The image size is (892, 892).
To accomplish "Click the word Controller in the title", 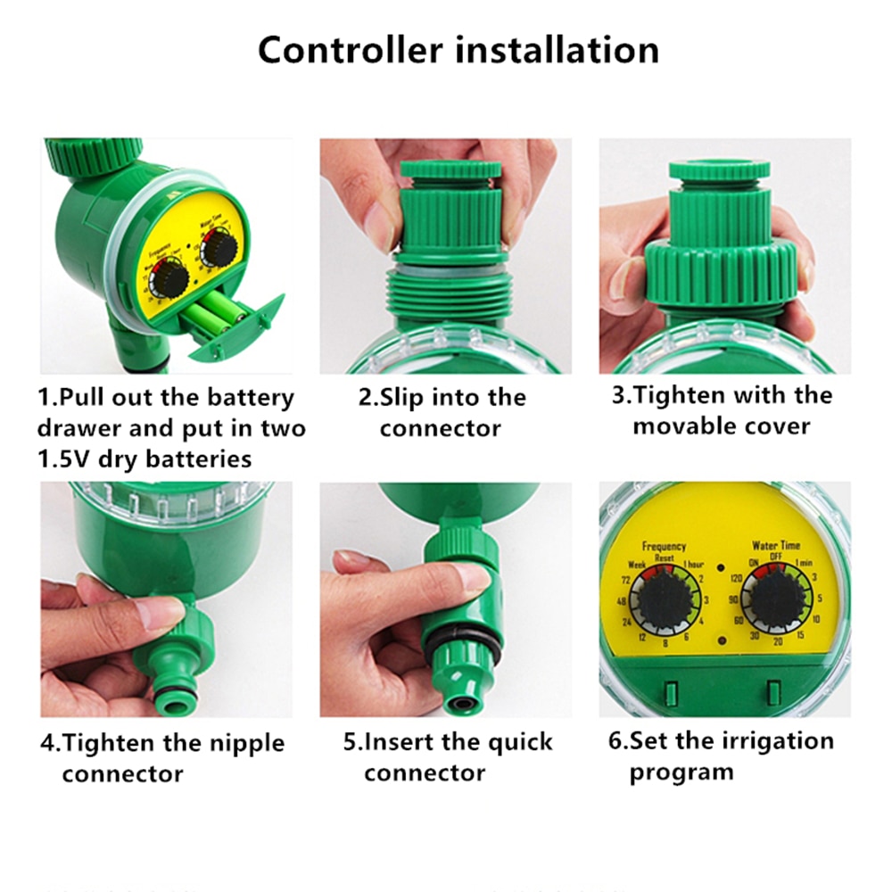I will [351, 50].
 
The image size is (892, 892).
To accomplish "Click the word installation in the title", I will [557, 50].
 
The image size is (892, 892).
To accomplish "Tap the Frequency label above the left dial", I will [665, 546].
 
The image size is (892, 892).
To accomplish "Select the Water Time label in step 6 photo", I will [776, 545].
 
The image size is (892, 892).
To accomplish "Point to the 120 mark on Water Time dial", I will [737, 579].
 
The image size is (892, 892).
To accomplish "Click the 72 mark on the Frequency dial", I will [625, 581].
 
